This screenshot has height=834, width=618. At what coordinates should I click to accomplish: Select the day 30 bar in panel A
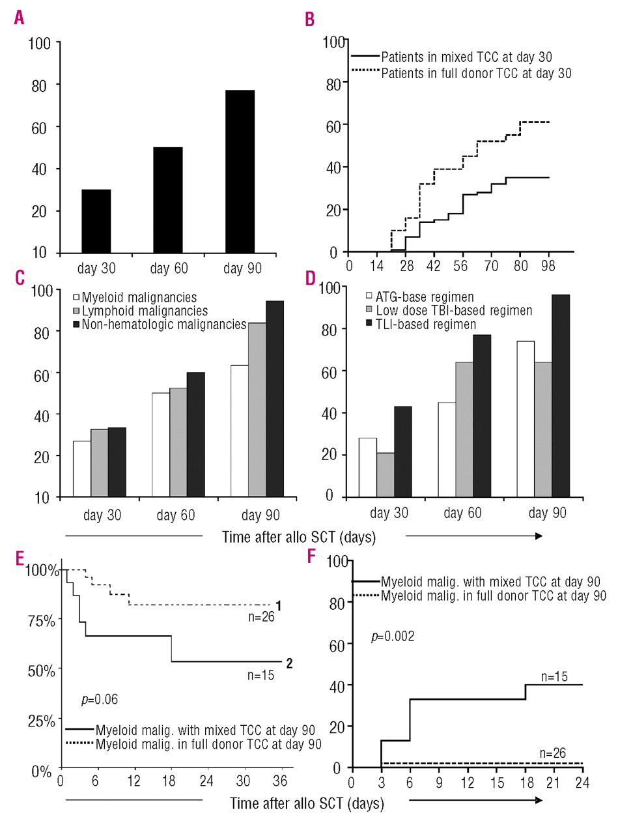96,221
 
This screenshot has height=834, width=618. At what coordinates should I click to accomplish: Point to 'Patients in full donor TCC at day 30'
476,73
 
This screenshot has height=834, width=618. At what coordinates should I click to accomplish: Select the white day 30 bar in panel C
82,469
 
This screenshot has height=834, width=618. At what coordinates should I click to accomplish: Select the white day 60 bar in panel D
464,450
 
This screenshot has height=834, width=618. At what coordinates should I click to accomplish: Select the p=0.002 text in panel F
393,635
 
